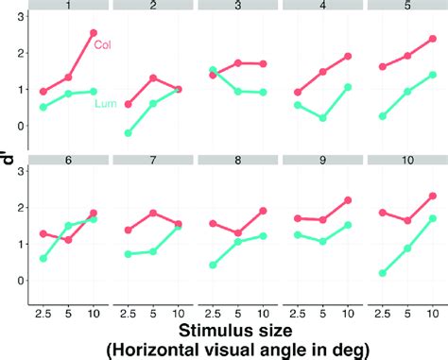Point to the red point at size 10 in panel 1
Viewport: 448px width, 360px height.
point(93,33)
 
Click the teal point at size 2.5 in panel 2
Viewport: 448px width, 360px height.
point(128,133)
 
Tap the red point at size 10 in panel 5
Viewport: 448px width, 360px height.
point(433,39)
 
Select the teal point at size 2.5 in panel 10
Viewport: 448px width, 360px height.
point(381,273)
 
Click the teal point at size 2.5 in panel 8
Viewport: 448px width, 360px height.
point(213,266)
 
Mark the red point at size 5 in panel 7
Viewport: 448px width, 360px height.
point(154,213)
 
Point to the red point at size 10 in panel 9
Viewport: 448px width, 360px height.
point(348,200)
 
